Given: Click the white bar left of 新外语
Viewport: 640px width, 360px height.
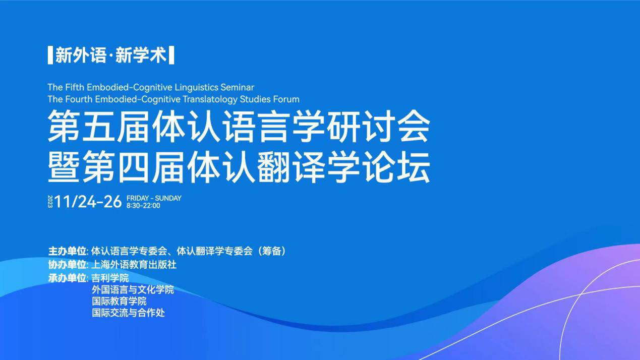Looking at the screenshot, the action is (x=50, y=55).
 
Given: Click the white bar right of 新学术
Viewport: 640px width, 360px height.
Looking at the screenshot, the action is (x=171, y=55).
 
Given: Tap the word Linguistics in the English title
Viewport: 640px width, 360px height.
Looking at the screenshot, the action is (x=196, y=87).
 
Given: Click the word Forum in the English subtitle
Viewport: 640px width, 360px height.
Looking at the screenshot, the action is (x=286, y=99).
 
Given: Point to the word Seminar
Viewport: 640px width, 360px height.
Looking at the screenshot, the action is (x=238, y=87).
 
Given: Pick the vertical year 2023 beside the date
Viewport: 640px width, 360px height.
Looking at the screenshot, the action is (x=50, y=202).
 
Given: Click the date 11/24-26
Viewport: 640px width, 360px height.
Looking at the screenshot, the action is (x=88, y=202).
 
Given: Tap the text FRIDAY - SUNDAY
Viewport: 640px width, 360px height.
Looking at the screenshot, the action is (x=154, y=198).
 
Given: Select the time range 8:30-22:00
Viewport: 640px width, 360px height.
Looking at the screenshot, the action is (x=143, y=206).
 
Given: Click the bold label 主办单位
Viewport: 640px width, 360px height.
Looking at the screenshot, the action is (x=67, y=252).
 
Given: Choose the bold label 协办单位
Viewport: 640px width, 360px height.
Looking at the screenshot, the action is (x=67, y=265).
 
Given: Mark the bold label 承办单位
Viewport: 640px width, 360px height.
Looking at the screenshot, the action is (x=67, y=278).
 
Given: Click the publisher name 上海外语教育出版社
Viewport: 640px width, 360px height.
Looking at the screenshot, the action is (x=134, y=265).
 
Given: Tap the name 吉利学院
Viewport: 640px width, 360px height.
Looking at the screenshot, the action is (x=110, y=278).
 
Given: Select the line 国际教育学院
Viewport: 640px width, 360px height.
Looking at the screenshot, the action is (x=119, y=302).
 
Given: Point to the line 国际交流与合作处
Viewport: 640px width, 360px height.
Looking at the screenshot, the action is (x=128, y=313).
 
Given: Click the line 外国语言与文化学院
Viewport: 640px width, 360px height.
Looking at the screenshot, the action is (x=133, y=290).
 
